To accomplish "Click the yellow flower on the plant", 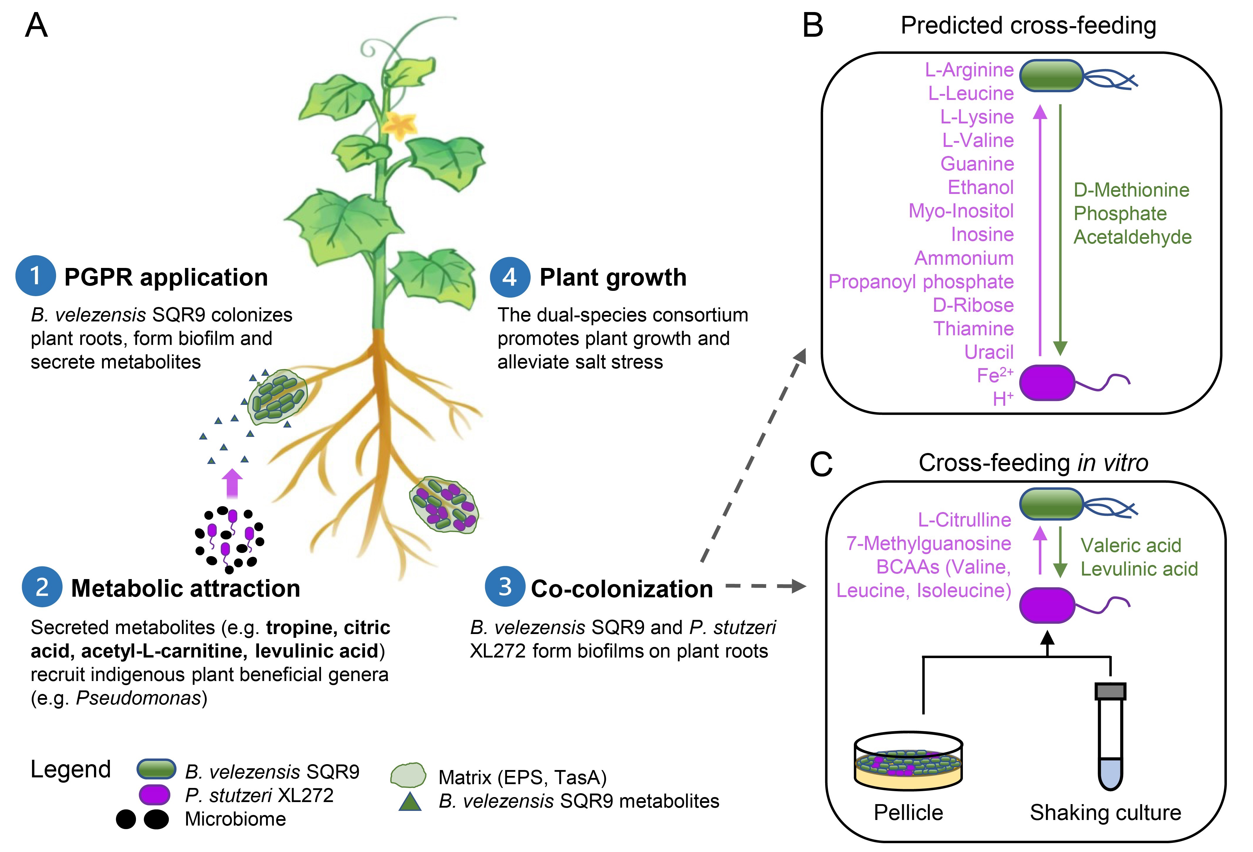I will pyautogui.click(x=400, y=125).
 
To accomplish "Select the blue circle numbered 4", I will pyautogui.click(x=509, y=277).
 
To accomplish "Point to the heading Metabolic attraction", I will pyautogui.click(x=186, y=588).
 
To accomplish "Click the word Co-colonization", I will pyautogui.click(x=622, y=589).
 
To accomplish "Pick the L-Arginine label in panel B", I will pyautogui.click(x=969, y=70).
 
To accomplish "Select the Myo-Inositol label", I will pyautogui.click(x=961, y=211).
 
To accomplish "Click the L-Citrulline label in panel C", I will pyautogui.click(x=964, y=520).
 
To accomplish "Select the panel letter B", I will pyautogui.click(x=813, y=25).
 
